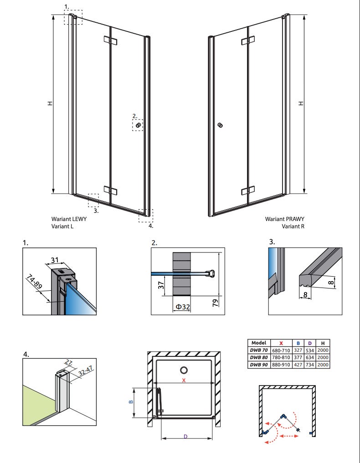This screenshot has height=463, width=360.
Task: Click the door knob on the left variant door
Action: coord(138,125)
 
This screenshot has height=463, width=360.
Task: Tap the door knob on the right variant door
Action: coord(221,125)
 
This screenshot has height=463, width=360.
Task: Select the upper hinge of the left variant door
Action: coord(111,41)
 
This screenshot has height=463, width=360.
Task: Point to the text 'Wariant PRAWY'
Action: coord(285,219)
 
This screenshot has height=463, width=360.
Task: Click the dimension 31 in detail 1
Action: coord(54,261)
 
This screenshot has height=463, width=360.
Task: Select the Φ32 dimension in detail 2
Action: coord(181,306)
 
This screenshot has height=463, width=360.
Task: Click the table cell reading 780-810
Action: coord(281,357)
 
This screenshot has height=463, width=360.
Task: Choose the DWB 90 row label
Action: coord(258,365)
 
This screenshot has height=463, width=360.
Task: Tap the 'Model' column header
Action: coord(258,343)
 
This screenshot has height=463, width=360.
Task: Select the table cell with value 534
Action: coord(310,350)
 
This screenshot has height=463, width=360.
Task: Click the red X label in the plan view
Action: coord(184,381)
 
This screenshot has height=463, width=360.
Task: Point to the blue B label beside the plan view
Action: coord(130,402)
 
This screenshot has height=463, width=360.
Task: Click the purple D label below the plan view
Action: coord(185,437)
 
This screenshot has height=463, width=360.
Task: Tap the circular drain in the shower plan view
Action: coord(184,370)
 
